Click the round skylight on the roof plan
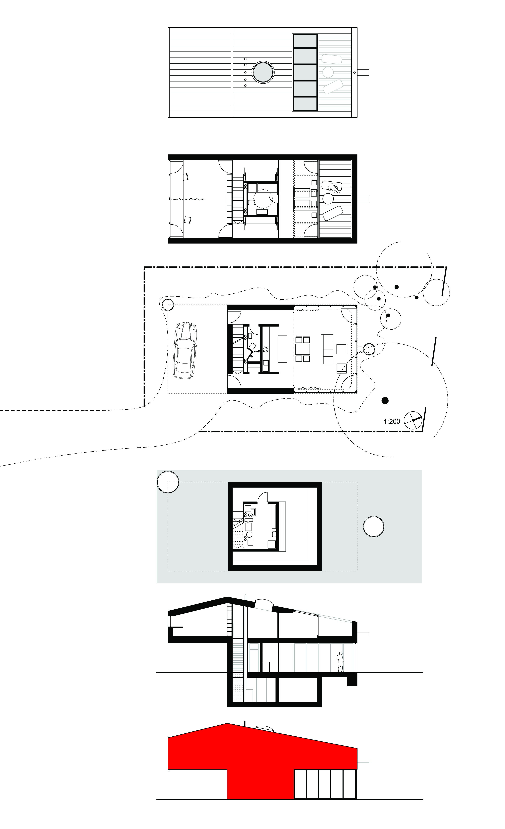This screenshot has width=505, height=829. point(263,72)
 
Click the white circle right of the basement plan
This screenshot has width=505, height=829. point(373,526)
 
